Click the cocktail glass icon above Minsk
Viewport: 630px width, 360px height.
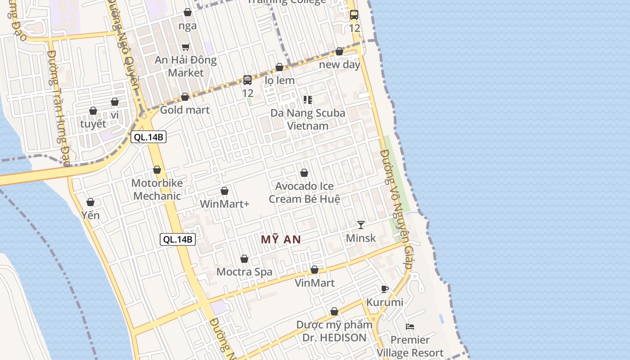pos(360,225)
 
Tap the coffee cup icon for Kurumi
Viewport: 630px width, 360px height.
pos(384,289)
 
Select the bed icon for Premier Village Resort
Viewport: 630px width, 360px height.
pos(409,326)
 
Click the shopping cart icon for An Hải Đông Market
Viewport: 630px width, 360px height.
pos(185,47)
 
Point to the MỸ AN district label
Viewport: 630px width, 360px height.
pos(281,239)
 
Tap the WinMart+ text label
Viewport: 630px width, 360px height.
pos(225,204)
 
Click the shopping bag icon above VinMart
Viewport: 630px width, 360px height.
pos(315,270)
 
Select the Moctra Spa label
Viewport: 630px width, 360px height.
pos(244,272)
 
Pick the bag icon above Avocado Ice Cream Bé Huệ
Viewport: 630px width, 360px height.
pos(304,173)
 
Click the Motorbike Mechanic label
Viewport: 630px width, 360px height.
pos(157,189)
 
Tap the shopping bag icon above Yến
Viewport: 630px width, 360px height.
pos(90,202)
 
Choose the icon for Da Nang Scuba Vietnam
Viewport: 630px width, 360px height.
pos(308,100)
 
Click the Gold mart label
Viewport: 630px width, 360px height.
pos(185,110)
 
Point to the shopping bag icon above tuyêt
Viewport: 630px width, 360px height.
pos(93,111)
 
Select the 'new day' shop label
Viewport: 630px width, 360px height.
pos(339,64)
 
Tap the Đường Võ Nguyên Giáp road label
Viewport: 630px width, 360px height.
pos(396,209)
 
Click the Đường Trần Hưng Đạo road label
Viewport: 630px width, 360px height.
pos(58,108)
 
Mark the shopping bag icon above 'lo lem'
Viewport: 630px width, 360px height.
pos(279,67)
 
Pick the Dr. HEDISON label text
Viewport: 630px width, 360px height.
pos(334,337)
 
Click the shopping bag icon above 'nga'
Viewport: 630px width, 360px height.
pos(188,12)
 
